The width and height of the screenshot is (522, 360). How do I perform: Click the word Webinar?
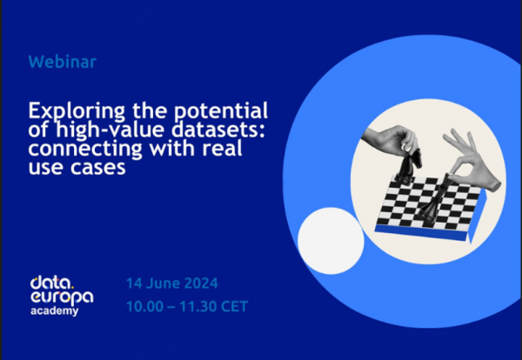[x=63, y=62]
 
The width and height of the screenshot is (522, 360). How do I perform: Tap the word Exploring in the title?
[x=77, y=111]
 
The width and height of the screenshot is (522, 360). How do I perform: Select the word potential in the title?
[x=221, y=110]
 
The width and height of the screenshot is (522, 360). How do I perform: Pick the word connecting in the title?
[x=85, y=149]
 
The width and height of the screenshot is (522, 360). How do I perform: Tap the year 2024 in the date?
[x=201, y=283]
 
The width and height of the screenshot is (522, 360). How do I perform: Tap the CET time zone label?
[x=234, y=306]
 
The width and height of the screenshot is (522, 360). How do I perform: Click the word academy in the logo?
[x=54, y=311]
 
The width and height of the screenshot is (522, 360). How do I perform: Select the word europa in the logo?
[x=62, y=297]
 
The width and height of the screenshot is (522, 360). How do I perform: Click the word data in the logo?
[x=50, y=283]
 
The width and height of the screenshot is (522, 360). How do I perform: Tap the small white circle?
[x=331, y=241]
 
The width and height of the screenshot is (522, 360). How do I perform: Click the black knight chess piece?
[x=408, y=166]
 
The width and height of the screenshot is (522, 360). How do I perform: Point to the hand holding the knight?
[x=391, y=141]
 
